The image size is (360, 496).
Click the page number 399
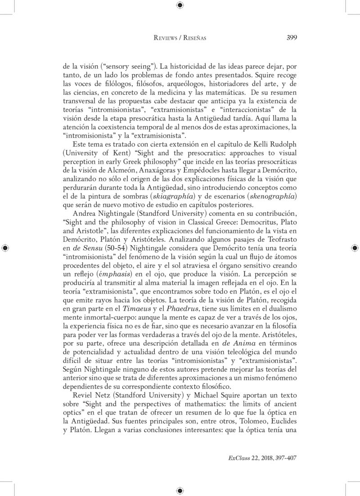(291, 38)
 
